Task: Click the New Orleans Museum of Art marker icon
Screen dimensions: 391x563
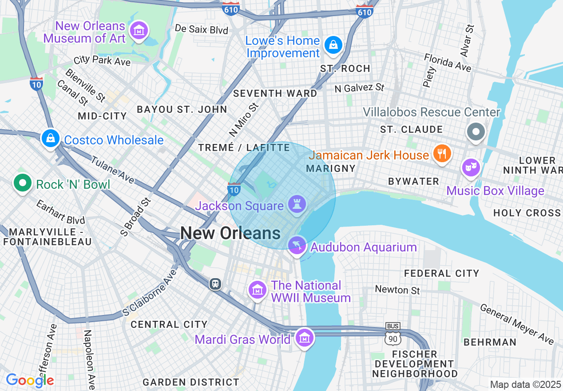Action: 139,31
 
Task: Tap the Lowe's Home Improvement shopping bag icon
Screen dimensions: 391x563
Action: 332,45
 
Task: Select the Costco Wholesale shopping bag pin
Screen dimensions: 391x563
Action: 51,139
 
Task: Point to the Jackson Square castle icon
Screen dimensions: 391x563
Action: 296,204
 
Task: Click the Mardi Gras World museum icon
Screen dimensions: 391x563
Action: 304,339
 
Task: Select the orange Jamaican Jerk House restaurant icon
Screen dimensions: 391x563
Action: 441,154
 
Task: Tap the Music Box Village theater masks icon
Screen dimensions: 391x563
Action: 471,168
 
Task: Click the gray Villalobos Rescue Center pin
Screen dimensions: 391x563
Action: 476,132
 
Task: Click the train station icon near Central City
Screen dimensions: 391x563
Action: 215,283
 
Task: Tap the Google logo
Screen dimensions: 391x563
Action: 30,380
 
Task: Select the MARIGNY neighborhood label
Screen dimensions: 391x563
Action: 331,169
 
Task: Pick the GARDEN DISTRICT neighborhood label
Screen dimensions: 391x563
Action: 191,382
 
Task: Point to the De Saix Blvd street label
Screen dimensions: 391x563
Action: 201,29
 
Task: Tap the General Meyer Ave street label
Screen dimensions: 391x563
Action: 517,324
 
